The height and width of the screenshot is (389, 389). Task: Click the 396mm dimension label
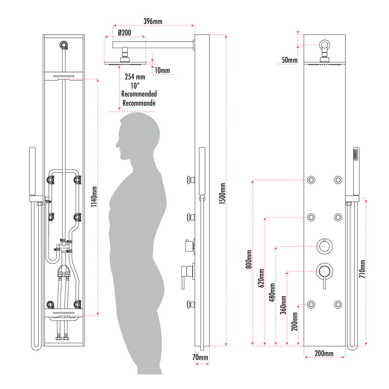153,21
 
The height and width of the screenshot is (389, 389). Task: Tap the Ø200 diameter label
124,32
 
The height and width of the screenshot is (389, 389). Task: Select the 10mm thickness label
162,70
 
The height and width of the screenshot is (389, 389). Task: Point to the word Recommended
139,94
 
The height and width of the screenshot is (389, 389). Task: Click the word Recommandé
139,103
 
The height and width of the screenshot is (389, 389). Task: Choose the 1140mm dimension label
94,196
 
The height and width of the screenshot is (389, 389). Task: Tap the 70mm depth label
200,358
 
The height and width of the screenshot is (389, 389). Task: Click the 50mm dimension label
289,60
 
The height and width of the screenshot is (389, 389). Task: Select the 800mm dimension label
249,259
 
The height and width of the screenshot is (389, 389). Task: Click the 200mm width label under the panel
324,353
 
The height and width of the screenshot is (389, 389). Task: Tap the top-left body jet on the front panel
312,180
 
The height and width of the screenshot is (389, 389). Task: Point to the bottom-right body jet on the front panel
338,305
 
